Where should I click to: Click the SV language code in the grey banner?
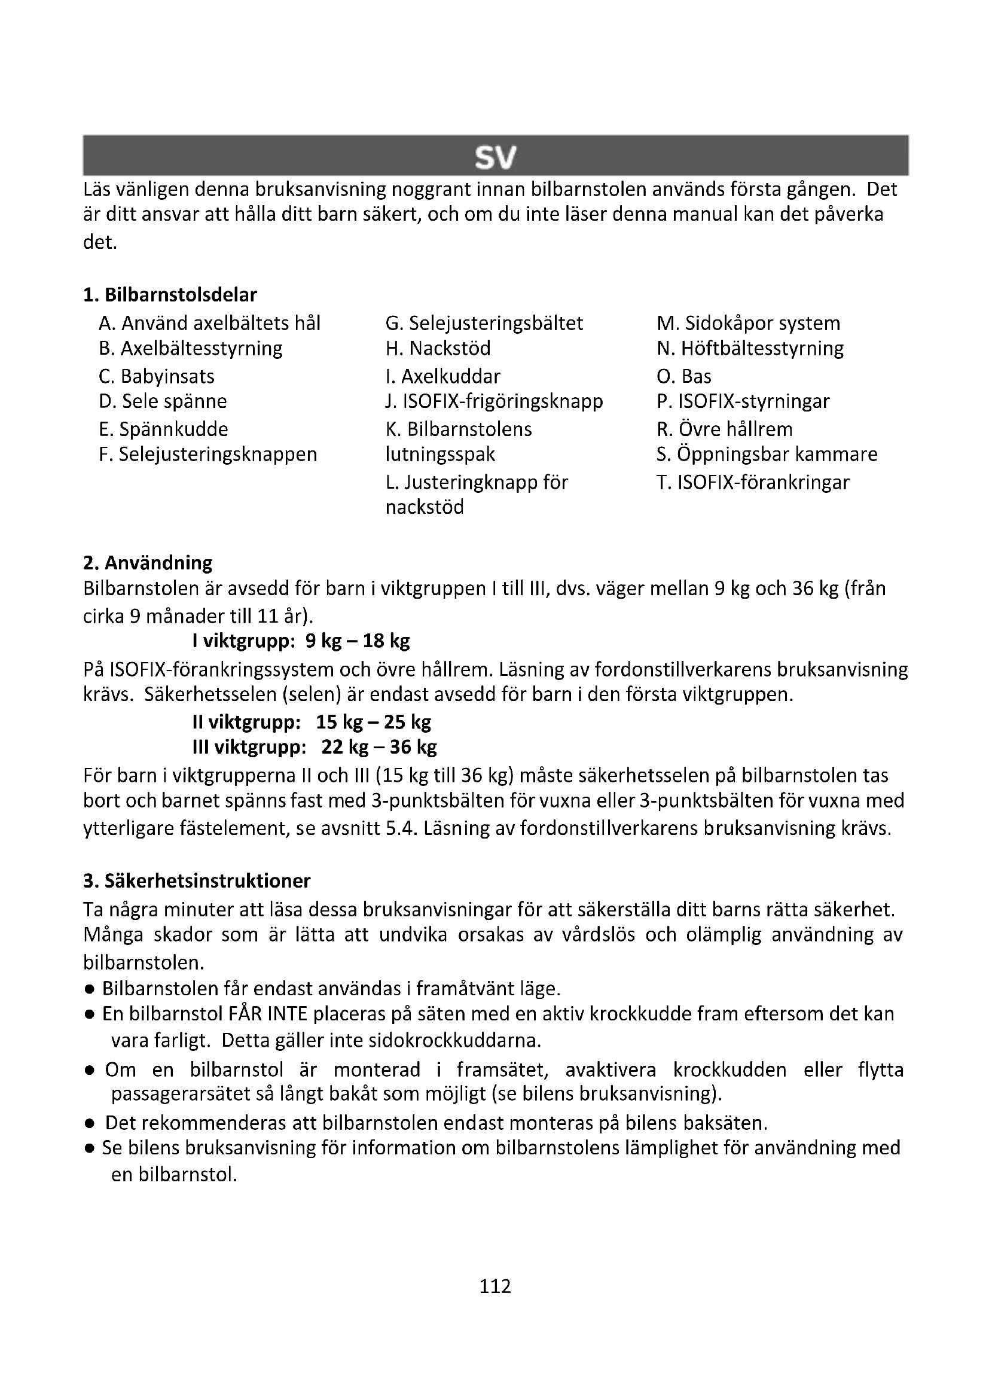click(494, 158)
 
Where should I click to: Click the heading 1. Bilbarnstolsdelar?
click(170, 295)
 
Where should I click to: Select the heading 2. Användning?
click(148, 562)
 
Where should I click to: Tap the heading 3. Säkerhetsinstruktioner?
click(197, 880)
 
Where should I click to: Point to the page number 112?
click(494, 1286)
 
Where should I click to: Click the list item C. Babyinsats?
click(157, 376)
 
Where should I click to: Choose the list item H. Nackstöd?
click(438, 348)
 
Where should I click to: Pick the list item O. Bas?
click(684, 376)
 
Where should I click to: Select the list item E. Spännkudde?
click(163, 429)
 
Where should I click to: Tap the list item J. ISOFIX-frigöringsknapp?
click(494, 401)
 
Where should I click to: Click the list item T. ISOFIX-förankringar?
click(753, 482)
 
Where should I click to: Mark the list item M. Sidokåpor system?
click(749, 323)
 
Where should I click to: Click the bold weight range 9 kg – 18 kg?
click(358, 641)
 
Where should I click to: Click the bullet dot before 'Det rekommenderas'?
click(89, 1123)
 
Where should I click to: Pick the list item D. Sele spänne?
click(163, 401)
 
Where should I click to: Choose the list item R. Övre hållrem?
click(725, 429)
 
